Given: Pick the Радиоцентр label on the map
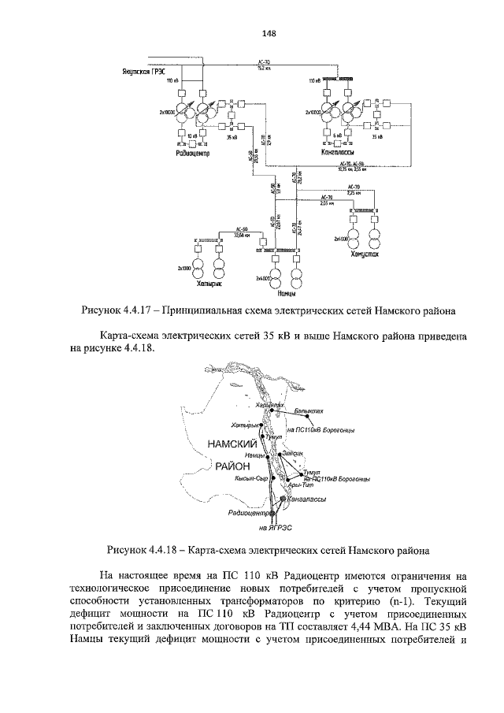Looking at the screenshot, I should tap(249, 513).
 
